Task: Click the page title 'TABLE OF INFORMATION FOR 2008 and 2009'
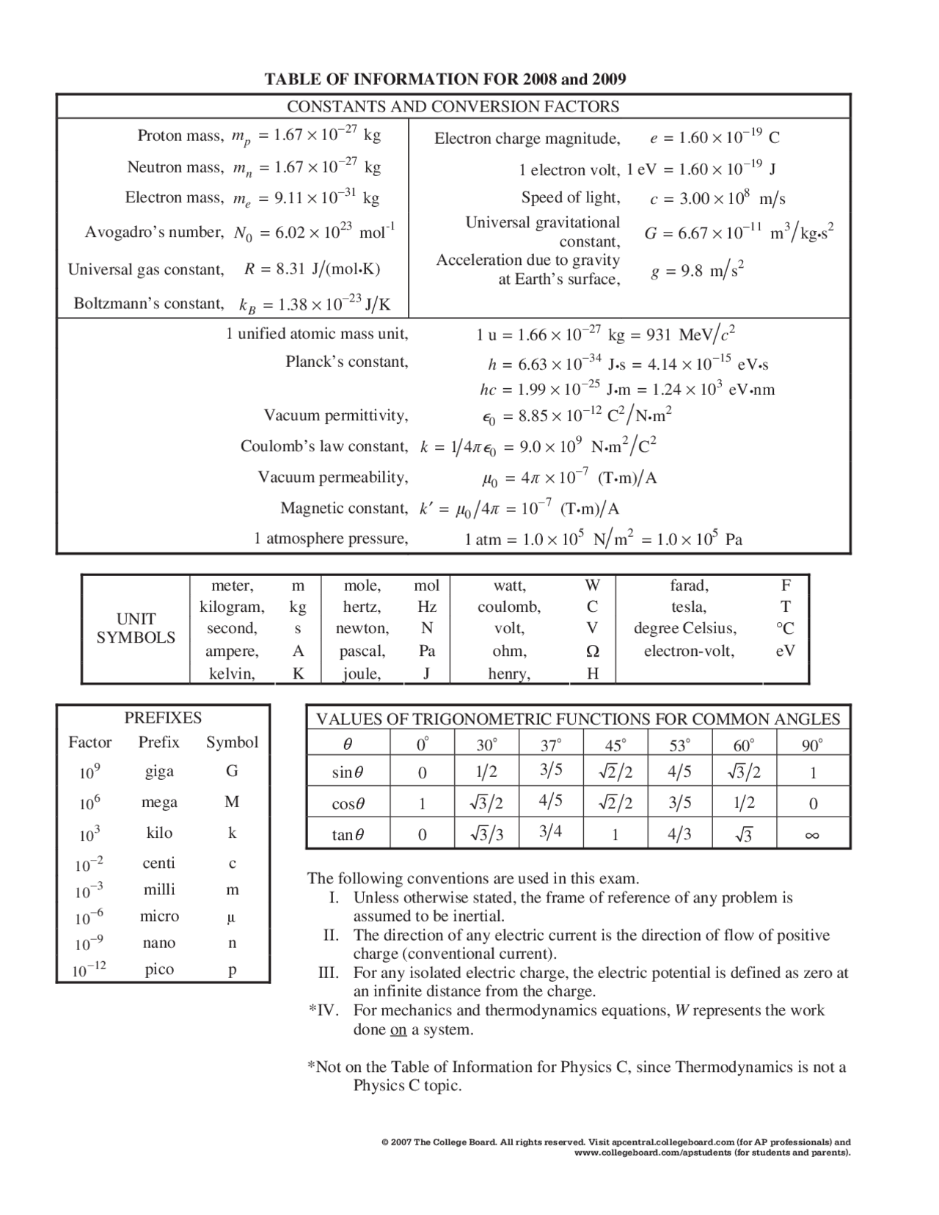pyautogui.click(x=445, y=79)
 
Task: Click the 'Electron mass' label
pyautogui.click(x=175, y=197)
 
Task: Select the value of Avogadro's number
pyautogui.click(x=314, y=233)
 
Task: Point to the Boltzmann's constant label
pyautogui.click(x=149, y=304)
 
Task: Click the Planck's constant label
pyautogui.click(x=346, y=362)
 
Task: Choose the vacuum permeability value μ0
pyautogui.click(x=569, y=478)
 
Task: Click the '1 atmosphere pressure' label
pyautogui.click(x=331, y=539)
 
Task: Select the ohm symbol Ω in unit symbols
pyautogui.click(x=592, y=652)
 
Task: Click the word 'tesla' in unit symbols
pyautogui.click(x=688, y=607)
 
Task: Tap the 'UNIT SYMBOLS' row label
pyautogui.click(x=136, y=629)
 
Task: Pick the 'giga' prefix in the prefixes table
pyautogui.click(x=159, y=771)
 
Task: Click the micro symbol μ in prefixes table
pyautogui.click(x=232, y=917)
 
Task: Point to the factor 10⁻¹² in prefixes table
pyautogui.click(x=89, y=970)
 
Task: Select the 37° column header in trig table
pyautogui.click(x=550, y=745)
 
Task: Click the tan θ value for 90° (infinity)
pyautogui.click(x=811, y=835)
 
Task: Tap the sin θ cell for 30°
pyautogui.click(x=486, y=773)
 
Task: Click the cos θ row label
pyautogui.click(x=348, y=804)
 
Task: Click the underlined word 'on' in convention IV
pyautogui.click(x=398, y=1030)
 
